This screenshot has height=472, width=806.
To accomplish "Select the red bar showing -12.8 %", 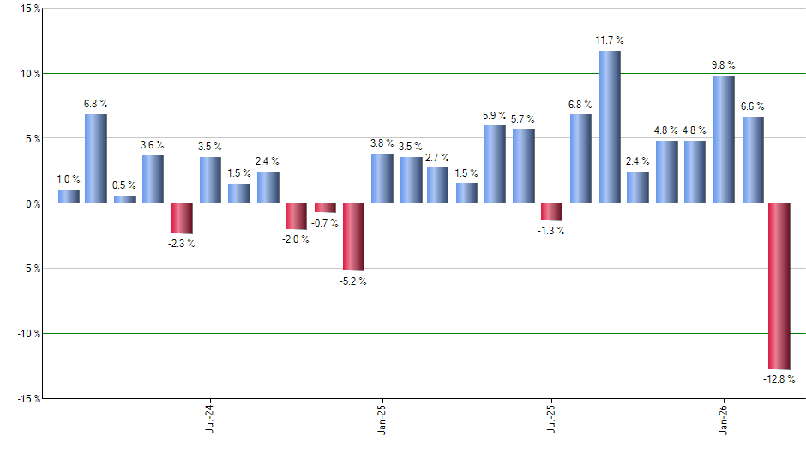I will (x=779, y=286).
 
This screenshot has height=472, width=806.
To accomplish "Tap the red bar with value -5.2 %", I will (x=353, y=237).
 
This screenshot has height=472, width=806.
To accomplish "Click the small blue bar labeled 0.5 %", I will (x=125, y=199).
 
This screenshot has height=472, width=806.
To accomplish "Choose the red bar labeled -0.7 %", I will (x=325, y=207).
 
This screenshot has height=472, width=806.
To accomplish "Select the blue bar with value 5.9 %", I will (x=494, y=164).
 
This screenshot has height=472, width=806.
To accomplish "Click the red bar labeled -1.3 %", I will (x=551, y=211).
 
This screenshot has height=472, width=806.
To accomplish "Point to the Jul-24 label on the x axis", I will (x=210, y=416).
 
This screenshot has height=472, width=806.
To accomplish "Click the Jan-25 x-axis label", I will (x=382, y=416).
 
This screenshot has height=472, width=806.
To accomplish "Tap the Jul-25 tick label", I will (x=551, y=416).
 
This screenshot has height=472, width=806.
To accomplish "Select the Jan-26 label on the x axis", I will (x=723, y=416).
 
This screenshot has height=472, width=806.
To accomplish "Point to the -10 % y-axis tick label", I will (x=27, y=334).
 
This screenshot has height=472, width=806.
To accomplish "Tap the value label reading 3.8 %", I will (x=382, y=143).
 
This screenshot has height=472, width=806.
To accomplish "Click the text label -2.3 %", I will (x=181, y=244).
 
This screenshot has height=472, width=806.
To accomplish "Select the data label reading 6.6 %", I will (x=752, y=106).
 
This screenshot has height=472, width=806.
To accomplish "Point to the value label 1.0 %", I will (x=69, y=179).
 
